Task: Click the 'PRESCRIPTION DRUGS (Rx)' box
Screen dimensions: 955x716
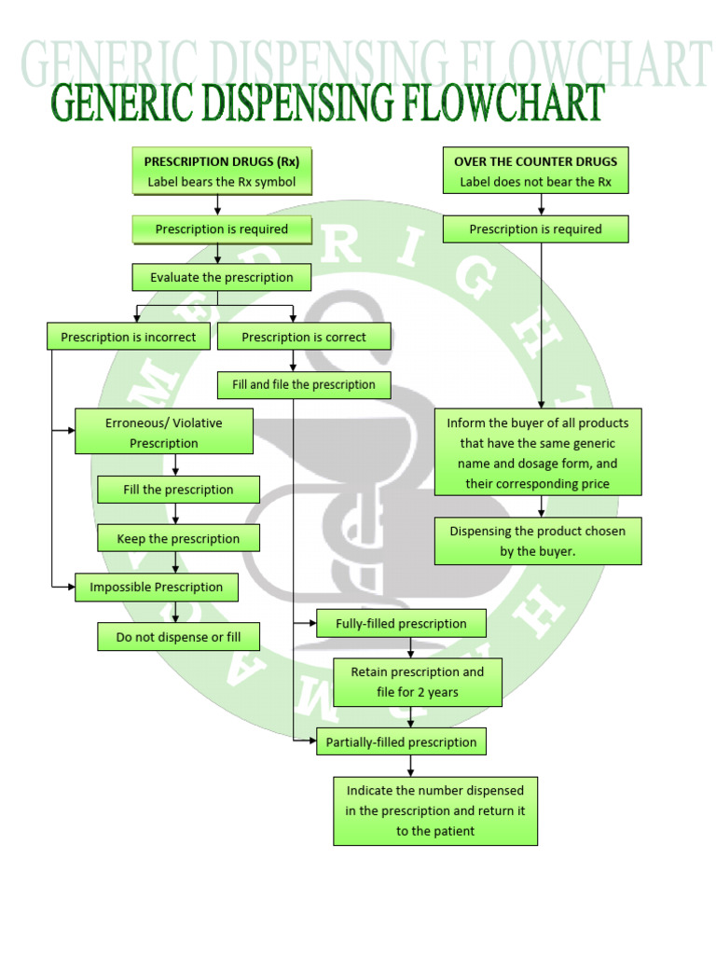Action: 221,171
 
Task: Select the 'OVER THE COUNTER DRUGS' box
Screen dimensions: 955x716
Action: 535,171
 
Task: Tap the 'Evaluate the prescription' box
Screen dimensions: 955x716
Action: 221,278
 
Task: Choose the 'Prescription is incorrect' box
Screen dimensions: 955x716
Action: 129,337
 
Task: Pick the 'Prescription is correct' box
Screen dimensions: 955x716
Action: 304,337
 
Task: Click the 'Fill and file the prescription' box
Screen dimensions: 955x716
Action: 304,384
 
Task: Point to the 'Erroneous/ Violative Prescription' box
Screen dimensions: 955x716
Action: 164,432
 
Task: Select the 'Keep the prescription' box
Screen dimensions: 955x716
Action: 178,538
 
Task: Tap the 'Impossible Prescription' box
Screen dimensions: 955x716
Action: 156,587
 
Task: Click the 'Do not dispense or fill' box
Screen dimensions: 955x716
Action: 178,637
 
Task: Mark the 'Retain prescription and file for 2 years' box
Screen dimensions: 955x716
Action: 417,682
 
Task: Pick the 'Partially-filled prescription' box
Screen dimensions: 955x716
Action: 401,742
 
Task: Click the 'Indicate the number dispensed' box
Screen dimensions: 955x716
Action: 435,810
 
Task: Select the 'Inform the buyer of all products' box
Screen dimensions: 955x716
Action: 538,453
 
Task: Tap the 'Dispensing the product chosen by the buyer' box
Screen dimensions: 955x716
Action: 538,541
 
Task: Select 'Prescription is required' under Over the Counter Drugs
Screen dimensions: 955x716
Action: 535,229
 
